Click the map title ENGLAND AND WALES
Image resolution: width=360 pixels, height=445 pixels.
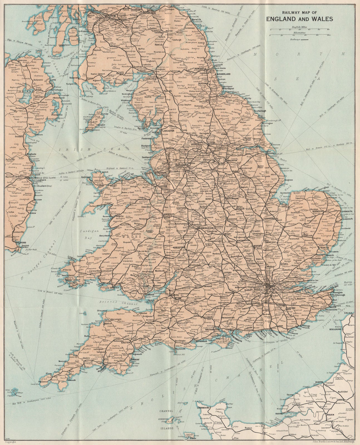point(299,19)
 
